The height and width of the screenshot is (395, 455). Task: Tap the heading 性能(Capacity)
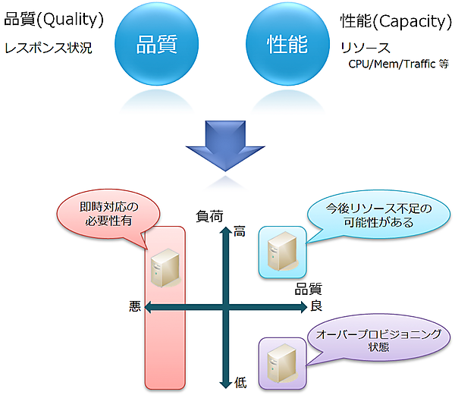pyautogui.click(x=396, y=20)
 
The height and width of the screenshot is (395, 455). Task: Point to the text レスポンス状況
pyautogui.click(x=48, y=48)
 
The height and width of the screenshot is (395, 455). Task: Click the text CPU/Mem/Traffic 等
pyautogui.click(x=398, y=64)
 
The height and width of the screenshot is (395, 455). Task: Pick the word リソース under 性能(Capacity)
pyautogui.click(x=366, y=48)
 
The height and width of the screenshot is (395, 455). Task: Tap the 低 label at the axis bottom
pyautogui.click(x=240, y=383)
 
